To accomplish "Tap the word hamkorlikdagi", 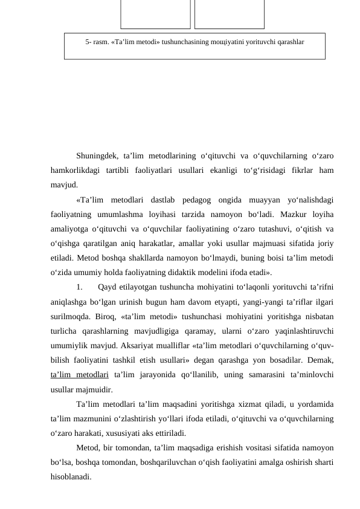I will coord(77,170).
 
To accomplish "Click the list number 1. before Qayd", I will coord(80,287).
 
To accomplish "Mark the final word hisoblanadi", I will coord(71,476).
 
